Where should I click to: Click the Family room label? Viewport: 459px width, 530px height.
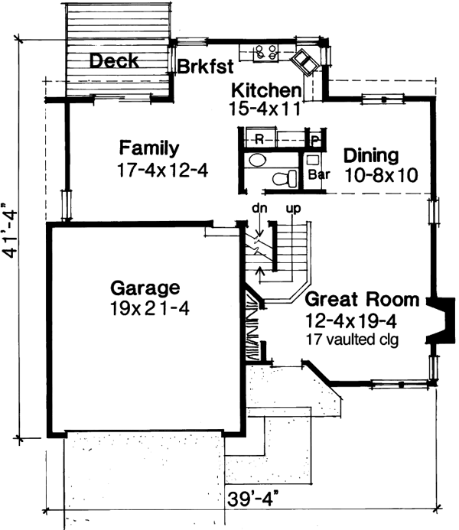coord(149,148)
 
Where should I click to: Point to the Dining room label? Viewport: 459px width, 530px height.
coord(371,155)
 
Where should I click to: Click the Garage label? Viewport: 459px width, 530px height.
coord(145,288)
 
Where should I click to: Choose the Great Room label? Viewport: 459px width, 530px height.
coord(362,299)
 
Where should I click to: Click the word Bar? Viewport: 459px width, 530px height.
coord(318,174)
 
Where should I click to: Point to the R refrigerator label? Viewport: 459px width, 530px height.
coord(259,140)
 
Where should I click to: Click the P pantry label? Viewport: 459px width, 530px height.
coord(315,140)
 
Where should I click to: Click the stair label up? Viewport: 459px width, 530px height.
coord(291,208)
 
